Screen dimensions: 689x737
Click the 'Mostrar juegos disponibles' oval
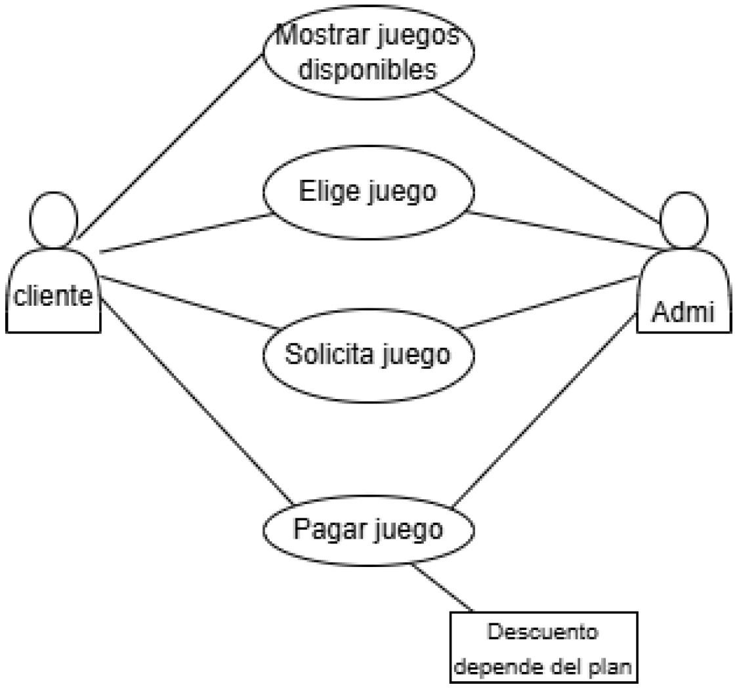[x=368, y=52]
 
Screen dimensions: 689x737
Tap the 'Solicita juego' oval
[x=368, y=354]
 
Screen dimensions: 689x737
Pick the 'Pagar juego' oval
[x=368, y=528]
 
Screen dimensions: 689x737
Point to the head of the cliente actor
[x=53, y=222]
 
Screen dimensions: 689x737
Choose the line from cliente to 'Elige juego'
[x=184, y=233]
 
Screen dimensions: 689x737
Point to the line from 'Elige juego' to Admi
[x=564, y=230]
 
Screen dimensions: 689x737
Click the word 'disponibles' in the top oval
[x=368, y=70]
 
